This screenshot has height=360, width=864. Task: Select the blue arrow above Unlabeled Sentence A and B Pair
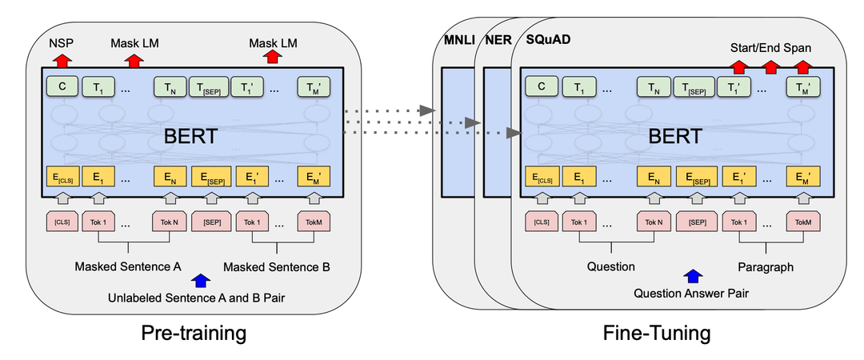coord(200,280)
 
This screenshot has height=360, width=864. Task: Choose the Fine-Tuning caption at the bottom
coord(657,331)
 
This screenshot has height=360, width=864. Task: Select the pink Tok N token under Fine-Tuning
coord(652,220)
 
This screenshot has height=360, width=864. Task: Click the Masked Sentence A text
coord(128,266)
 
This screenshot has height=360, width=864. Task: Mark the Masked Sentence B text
coord(277,266)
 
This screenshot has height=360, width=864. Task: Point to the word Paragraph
coord(765,266)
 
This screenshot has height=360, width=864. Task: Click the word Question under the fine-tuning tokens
coord(611,266)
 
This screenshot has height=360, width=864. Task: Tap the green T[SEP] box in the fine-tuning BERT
coord(694,86)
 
